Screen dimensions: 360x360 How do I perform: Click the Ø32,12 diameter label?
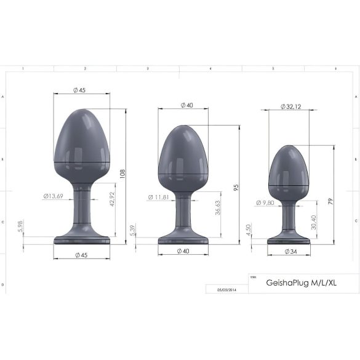(x=290, y=106)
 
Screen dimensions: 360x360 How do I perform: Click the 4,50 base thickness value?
(x=248, y=229)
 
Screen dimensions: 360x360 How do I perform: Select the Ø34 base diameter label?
(x=289, y=252)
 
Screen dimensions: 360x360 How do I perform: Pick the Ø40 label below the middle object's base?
(x=183, y=251)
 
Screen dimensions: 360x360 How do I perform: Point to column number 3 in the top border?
(x=148, y=69)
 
